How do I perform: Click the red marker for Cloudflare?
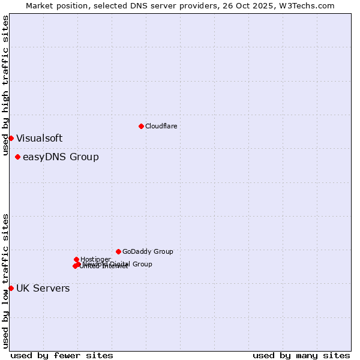(141, 126)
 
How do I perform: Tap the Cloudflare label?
(161, 126)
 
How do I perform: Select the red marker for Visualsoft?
(11, 138)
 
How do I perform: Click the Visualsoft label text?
(39, 138)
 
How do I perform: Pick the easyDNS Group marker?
(17, 157)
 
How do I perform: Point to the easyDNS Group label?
(61, 157)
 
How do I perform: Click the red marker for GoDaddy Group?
(118, 251)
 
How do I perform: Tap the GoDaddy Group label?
(148, 251)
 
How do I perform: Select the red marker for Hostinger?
(76, 259)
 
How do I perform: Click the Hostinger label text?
(95, 259)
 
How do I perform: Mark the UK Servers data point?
(11, 288)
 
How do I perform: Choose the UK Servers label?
(43, 288)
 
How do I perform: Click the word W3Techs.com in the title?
(310, 5)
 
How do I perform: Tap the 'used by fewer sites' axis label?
(62, 355)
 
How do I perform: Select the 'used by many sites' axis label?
(301, 355)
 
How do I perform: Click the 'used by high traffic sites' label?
(5, 85)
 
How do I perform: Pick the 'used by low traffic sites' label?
(5, 280)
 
